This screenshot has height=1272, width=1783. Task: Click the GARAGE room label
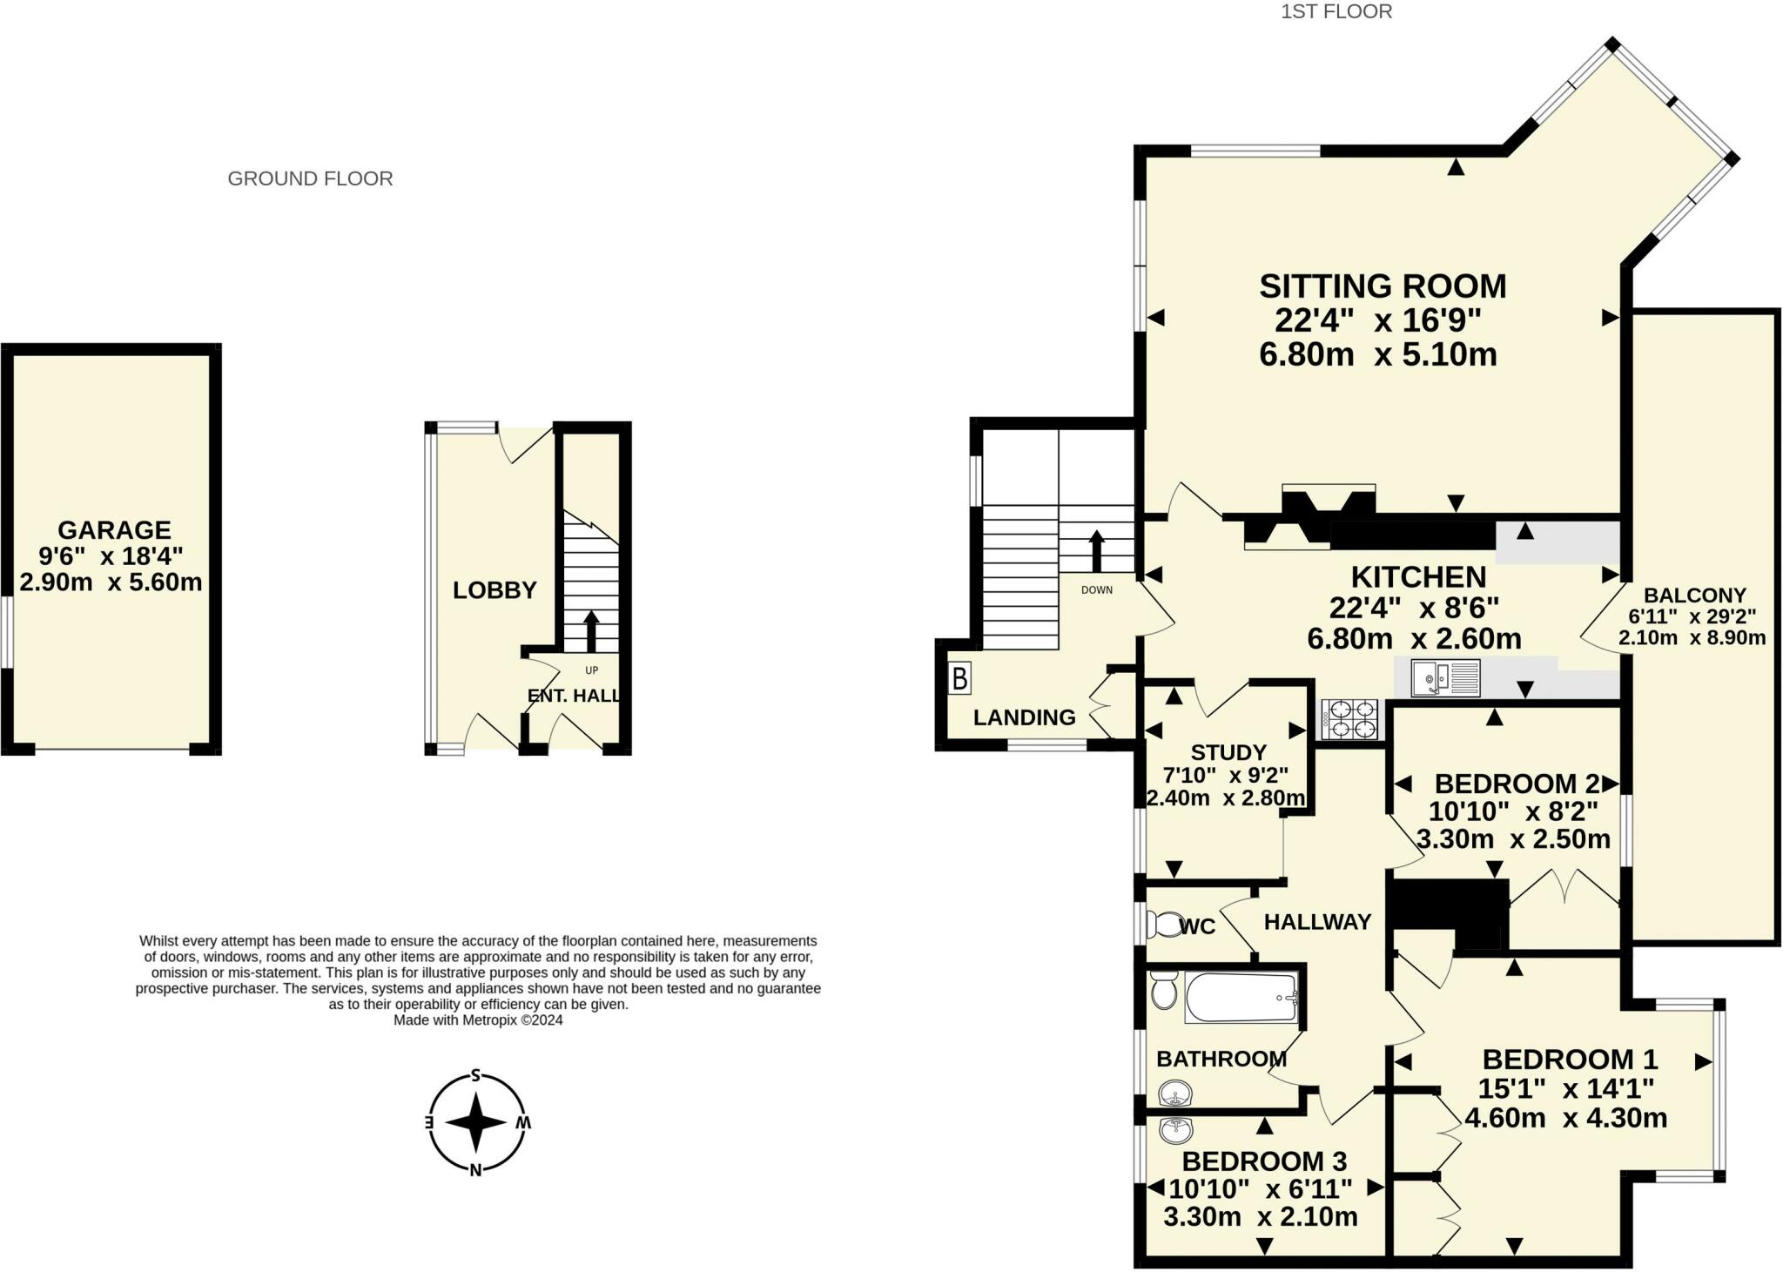point(114,529)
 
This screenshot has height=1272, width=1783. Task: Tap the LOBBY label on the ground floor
point(495,590)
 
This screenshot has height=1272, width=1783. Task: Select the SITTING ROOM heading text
point(1383,286)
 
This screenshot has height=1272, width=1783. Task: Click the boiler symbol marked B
point(959,678)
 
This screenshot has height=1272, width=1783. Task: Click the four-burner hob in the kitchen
point(1350,720)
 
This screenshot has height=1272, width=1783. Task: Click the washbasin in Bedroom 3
point(1176,1130)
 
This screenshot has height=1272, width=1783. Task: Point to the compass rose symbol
point(476,1122)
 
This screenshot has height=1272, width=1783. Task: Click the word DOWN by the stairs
point(1097,589)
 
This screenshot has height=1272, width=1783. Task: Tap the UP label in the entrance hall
point(592,670)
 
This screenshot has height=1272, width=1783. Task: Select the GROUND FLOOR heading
point(310,178)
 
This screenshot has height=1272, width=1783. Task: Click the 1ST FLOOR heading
point(1336,11)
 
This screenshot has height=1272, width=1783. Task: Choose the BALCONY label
point(1694,596)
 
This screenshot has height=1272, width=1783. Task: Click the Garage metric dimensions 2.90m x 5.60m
point(111,582)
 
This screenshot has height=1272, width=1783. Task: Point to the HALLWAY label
point(1317,921)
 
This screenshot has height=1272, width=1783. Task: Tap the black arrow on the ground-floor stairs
point(591,631)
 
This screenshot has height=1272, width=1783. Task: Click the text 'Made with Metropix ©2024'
point(478,1020)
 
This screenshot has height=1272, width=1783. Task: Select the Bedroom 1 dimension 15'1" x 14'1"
point(1565,1088)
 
